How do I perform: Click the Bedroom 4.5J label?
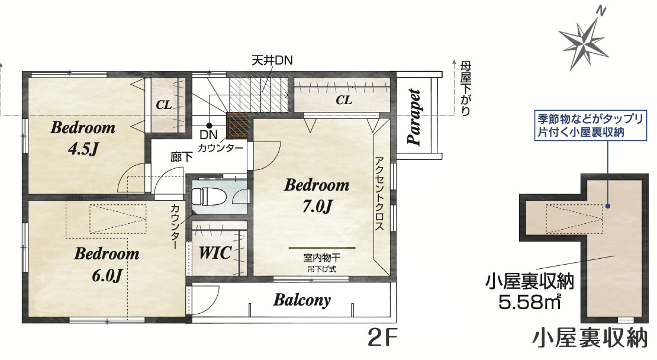[83, 138]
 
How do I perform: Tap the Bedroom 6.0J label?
[107, 265]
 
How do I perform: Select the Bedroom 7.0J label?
[317, 195]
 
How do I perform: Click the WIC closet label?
[215, 253]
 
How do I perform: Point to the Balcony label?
[302, 300]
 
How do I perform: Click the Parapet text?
[414, 117]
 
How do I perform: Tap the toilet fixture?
[209, 196]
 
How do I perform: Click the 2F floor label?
[382, 337]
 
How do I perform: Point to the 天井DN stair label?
[272, 61]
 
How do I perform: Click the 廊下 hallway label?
[182, 157]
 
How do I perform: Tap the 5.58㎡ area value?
[529, 301]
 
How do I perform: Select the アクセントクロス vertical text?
[379, 194]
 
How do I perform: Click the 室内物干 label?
[322, 258]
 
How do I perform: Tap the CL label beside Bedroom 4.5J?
[164, 105]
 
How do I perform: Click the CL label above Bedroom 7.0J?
[343, 100]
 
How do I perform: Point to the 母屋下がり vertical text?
[465, 88]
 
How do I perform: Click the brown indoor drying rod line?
[322, 248]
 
